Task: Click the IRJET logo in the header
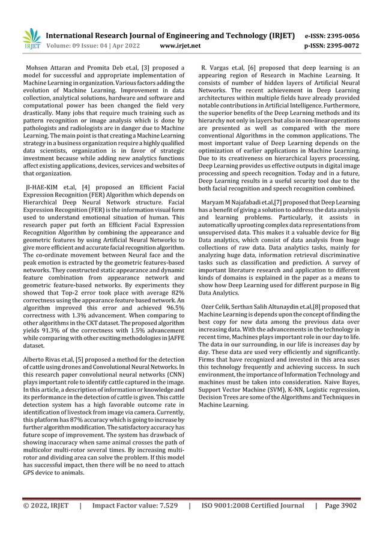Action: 31,39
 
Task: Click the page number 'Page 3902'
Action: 340,506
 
